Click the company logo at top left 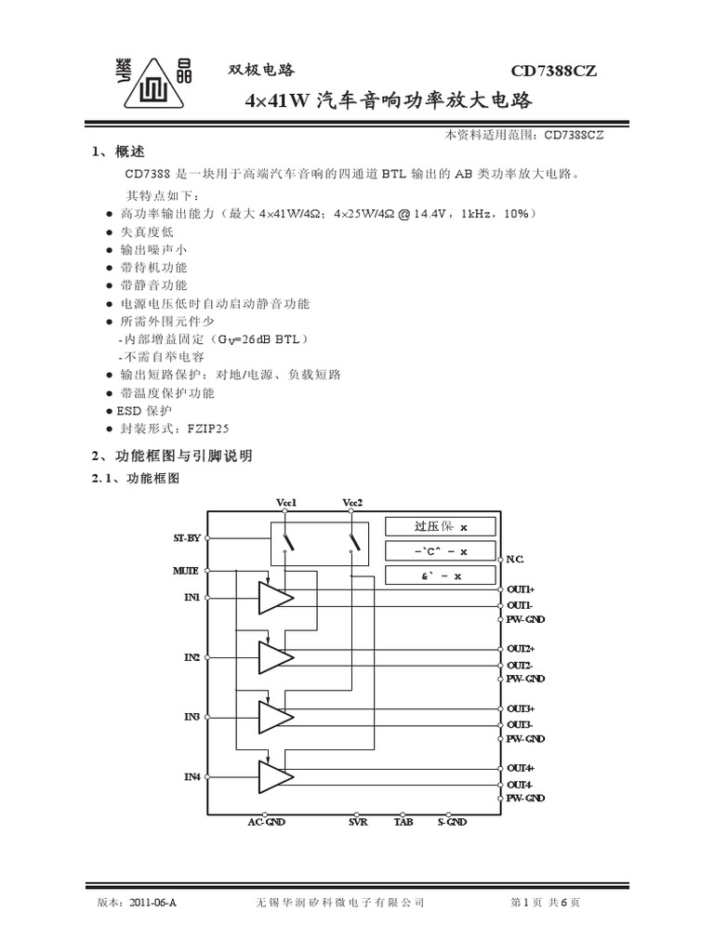[x=147, y=86]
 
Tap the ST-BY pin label [x=186, y=538]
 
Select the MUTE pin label [x=186, y=570]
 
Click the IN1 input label [x=192, y=596]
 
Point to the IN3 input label [x=192, y=717]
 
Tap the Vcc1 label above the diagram [x=286, y=503]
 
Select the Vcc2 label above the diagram [x=352, y=503]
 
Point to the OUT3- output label [x=520, y=724]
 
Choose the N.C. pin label [x=515, y=559]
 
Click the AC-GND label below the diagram [x=267, y=822]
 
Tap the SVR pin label [x=358, y=822]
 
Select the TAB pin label [x=403, y=822]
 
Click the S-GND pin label [x=452, y=822]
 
